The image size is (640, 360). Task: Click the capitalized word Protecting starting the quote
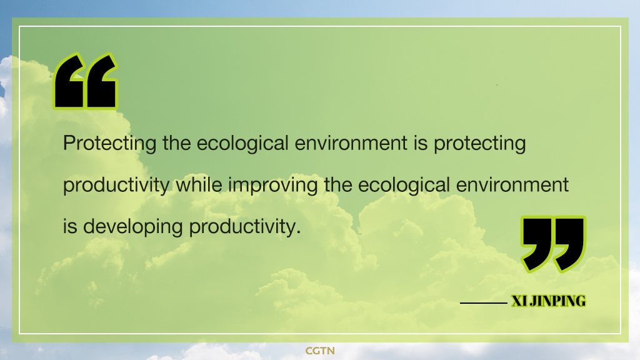point(110,144)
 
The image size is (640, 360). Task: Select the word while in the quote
point(199,184)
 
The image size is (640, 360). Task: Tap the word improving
point(272,185)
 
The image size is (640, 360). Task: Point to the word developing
point(132,227)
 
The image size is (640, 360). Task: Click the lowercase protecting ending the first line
point(479,144)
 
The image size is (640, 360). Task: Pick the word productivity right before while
point(116,185)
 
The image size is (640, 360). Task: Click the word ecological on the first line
point(243,144)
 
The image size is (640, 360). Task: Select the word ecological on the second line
point(404,185)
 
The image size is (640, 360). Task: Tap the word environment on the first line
point(351,144)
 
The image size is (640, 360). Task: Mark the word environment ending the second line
point(512,185)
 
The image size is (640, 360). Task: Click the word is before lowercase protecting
point(421,144)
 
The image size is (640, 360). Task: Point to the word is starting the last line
point(70,227)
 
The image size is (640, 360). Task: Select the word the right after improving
point(338,184)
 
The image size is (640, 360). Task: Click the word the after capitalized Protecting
point(177,143)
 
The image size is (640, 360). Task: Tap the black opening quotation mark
point(85,81)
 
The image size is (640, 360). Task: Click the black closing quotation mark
point(553,244)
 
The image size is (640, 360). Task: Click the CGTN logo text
point(320,351)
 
